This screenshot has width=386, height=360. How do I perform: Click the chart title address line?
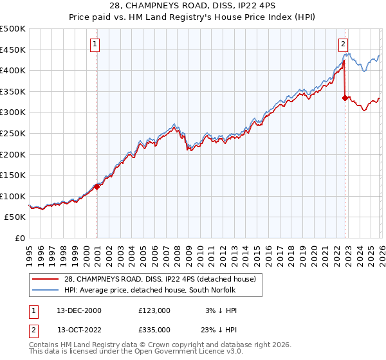[x=193, y=6]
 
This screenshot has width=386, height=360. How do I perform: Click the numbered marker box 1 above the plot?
[x=95, y=44]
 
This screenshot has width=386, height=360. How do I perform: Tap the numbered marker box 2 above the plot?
[x=343, y=44]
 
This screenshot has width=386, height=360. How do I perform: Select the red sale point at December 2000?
[x=97, y=186]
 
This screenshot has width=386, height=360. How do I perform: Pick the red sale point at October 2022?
[x=345, y=98]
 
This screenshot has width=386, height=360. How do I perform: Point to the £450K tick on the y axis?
[x=13, y=50]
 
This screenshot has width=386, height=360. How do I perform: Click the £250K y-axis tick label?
[x=13, y=133]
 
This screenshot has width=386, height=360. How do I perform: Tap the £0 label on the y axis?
[x=19, y=238]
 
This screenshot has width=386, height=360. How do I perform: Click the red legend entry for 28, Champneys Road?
[x=155, y=278]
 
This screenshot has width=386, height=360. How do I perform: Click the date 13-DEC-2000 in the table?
[x=79, y=310]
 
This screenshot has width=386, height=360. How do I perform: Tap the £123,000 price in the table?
[x=154, y=310]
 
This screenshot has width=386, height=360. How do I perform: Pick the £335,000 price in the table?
[x=154, y=329]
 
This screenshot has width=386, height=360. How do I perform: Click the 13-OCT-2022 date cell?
[x=79, y=329]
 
